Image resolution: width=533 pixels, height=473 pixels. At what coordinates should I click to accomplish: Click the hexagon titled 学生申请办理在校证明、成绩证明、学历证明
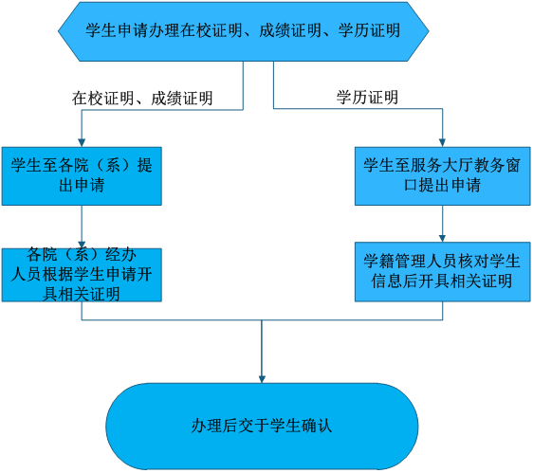point(244,31)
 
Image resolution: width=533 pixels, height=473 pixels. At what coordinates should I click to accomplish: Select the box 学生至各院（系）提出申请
point(82,176)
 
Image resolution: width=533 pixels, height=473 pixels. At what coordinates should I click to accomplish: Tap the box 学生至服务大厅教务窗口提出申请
point(443,176)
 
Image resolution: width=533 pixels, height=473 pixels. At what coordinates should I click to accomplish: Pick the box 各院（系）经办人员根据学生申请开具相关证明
point(82,275)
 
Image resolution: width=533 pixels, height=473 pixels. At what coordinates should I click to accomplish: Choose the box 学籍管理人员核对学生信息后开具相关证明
point(443,271)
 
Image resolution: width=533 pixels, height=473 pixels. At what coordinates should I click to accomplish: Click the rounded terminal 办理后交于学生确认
point(262,427)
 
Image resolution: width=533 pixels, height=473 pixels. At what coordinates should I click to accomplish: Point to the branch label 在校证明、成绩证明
point(142,99)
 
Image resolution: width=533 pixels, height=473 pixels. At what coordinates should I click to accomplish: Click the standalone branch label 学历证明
point(367,98)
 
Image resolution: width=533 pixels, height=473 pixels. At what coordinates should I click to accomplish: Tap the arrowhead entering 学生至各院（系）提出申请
point(82,143)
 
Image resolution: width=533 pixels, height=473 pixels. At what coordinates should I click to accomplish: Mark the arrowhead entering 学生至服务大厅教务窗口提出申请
point(442,143)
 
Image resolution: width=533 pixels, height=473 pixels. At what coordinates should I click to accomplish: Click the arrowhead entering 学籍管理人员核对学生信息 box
point(442,238)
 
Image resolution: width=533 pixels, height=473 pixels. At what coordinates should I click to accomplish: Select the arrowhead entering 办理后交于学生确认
point(262,379)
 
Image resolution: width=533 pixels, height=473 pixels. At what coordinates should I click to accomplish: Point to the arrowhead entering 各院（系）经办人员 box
point(82,245)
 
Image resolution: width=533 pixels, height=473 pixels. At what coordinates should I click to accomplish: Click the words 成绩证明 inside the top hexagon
point(290,30)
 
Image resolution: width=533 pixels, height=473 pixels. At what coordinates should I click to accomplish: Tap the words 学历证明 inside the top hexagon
point(369,30)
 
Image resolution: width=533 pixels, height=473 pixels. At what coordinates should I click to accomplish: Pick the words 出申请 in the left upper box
point(82,186)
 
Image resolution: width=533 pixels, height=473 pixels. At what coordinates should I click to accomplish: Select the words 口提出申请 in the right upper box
point(443,186)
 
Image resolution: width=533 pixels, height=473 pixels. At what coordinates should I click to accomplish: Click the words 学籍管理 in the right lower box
point(395,262)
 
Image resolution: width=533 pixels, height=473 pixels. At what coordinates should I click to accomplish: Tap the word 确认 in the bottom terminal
point(317,426)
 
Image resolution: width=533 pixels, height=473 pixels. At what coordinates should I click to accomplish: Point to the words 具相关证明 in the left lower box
point(82,294)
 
